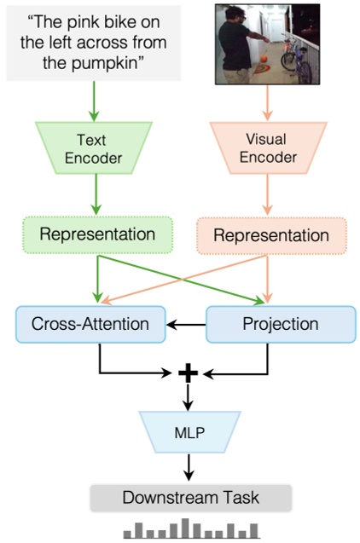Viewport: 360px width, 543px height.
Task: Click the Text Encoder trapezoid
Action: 93,150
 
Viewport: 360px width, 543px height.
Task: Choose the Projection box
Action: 281,324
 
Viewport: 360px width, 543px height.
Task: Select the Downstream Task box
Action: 191,498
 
